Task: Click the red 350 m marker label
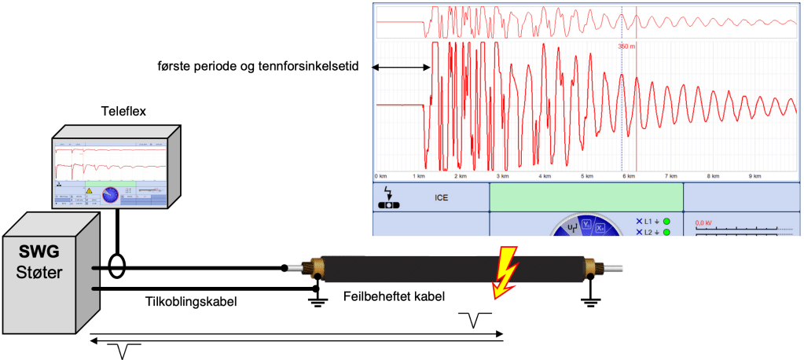(626, 46)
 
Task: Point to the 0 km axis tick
(381, 176)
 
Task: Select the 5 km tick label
(585, 176)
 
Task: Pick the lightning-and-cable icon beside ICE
(389, 199)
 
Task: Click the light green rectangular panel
(586, 197)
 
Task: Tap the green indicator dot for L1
(666, 222)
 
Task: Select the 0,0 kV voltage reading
(703, 223)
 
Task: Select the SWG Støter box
(47, 271)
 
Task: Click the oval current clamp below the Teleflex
(118, 265)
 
